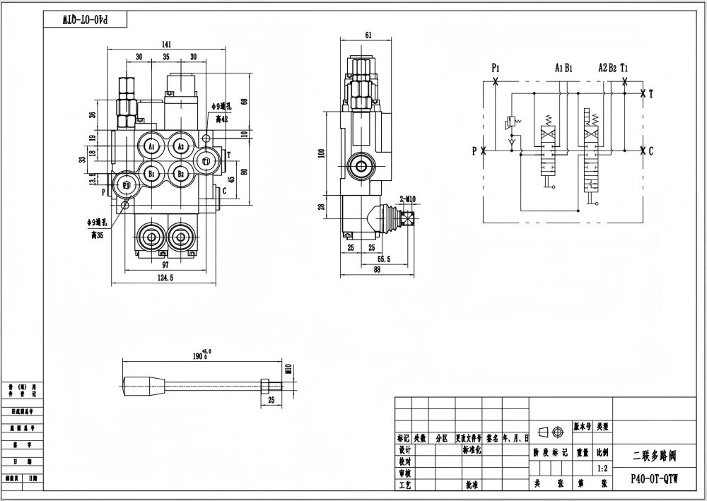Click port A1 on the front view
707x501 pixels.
point(151,146)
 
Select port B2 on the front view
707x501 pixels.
point(180,173)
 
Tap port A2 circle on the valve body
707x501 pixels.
point(180,146)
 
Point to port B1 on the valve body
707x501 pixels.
point(151,173)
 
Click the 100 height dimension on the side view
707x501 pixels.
point(320,153)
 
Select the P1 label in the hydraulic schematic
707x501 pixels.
point(496,68)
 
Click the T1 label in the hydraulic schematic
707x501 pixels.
point(624,68)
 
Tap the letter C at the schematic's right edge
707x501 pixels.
point(650,150)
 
